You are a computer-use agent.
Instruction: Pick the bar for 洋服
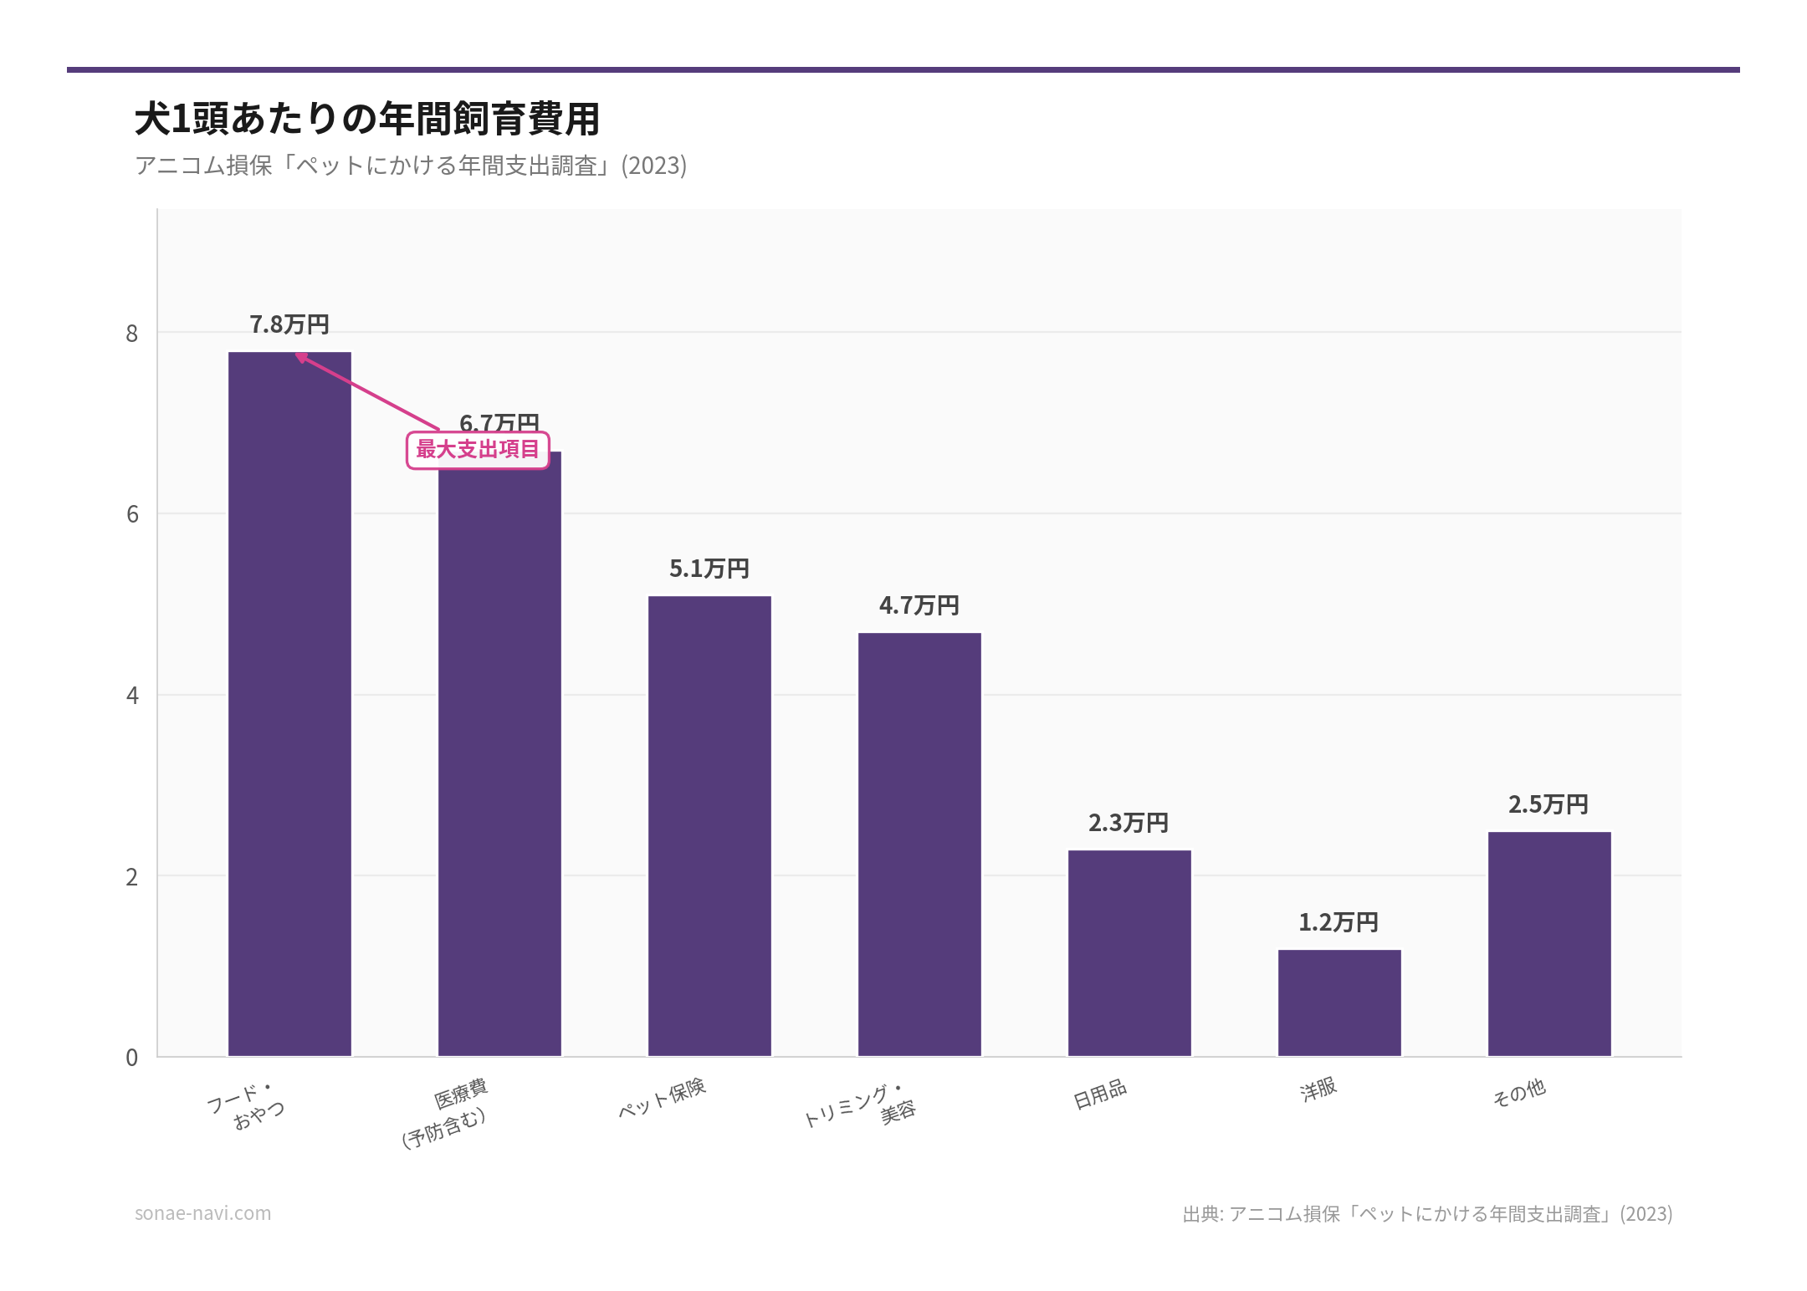[x=1339, y=1003]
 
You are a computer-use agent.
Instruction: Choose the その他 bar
[x=1549, y=944]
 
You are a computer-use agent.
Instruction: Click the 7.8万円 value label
[x=289, y=324]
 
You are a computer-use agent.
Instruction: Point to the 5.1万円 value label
[x=709, y=569]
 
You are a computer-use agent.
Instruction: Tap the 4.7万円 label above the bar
[x=919, y=605]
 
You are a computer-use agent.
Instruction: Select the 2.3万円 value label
[x=1129, y=823]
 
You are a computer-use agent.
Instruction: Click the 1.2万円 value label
[x=1339, y=922]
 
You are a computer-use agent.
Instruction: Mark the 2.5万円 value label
[x=1548, y=804]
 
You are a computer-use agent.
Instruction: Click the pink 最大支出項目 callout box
[x=478, y=450]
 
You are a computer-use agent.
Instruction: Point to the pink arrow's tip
[x=298, y=355]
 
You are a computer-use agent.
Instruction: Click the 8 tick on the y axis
[x=132, y=334]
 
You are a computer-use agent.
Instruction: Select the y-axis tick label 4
[x=132, y=696]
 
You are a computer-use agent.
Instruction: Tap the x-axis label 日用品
[x=1100, y=1094]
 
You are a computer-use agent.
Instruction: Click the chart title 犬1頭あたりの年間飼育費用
[x=367, y=119]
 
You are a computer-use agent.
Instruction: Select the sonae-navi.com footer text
[x=203, y=1213]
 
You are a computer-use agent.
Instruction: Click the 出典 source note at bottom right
[x=1427, y=1214]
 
